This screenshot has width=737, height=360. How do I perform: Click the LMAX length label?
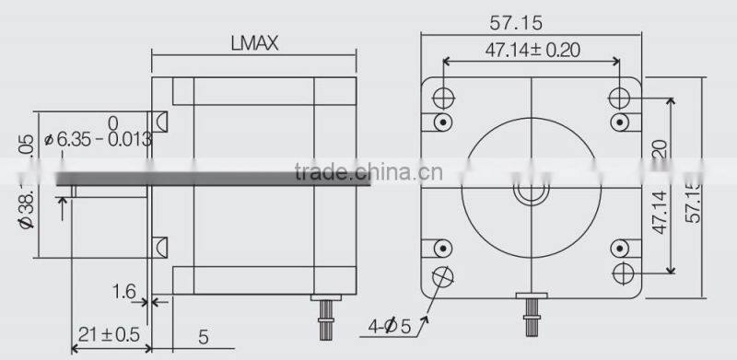pyautogui.click(x=253, y=43)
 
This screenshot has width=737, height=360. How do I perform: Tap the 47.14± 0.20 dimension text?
pyautogui.click(x=532, y=51)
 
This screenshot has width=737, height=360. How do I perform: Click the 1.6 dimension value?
pyautogui.click(x=124, y=293)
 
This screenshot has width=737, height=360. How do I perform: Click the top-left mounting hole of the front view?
pyautogui.click(x=443, y=97)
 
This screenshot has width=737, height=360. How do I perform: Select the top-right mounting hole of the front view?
pyautogui.click(x=619, y=97)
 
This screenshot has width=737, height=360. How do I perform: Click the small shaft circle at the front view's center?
pyautogui.click(x=531, y=193)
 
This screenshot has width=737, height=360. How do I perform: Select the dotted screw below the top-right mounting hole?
pyautogui.click(x=619, y=122)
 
